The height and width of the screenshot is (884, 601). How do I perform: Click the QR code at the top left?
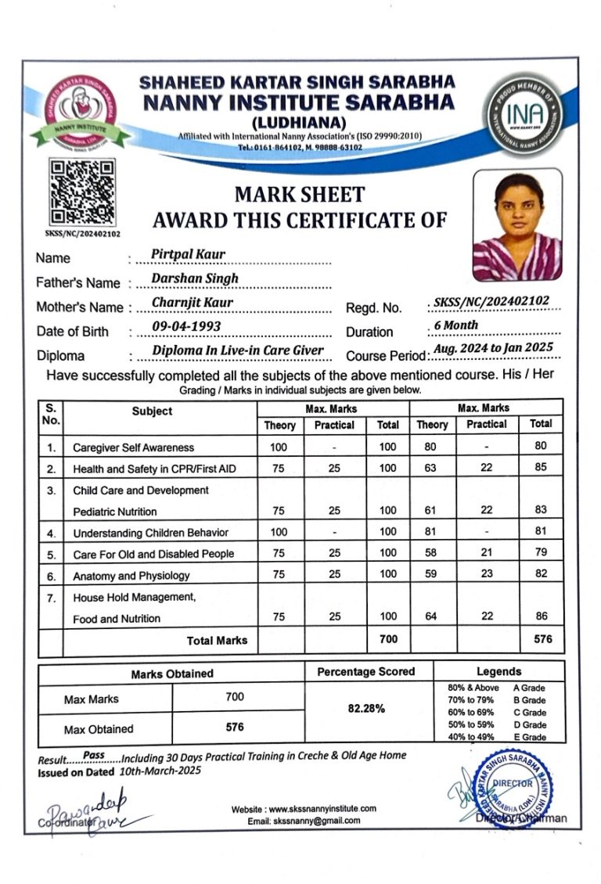point(81,191)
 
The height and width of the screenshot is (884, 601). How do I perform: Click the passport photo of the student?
point(517,225)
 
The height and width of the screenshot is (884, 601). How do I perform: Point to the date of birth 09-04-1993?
point(186,326)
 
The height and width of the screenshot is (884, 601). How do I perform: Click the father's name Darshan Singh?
point(195,278)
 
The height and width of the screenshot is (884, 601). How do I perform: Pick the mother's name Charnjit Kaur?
point(193,302)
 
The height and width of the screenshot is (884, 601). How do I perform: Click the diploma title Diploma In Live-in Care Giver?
point(238,350)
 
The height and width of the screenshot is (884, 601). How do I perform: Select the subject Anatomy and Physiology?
point(131,576)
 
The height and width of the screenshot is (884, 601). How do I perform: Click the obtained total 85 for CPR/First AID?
point(541,469)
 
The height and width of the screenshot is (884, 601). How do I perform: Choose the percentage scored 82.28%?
point(365,709)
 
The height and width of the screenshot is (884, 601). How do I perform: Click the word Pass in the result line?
point(93,755)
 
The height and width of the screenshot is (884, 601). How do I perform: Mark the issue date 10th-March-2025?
point(160,771)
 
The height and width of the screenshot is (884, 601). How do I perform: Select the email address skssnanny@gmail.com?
point(315,821)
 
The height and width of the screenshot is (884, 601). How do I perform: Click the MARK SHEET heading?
point(300,194)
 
